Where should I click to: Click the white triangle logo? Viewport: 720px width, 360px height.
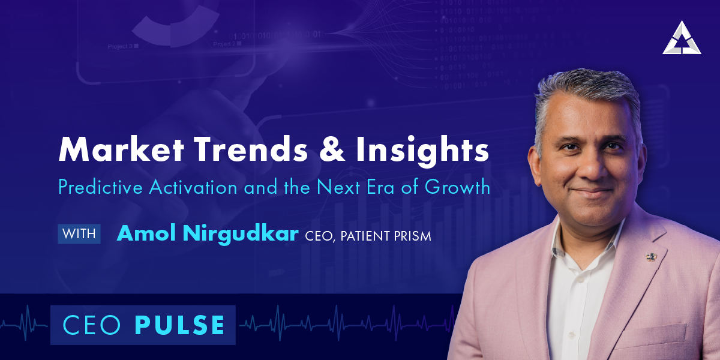(681, 38)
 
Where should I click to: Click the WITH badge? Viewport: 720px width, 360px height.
(79, 234)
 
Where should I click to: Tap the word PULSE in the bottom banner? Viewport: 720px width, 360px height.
(180, 325)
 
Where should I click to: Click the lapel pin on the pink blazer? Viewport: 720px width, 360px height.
(650, 257)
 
